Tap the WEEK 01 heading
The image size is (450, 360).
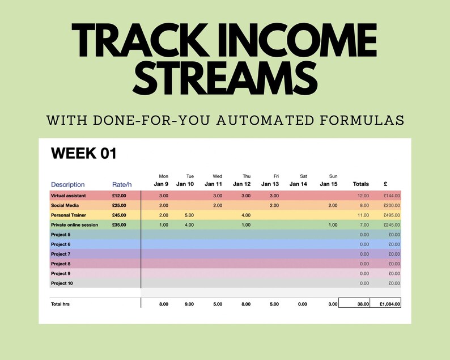pos(84,154)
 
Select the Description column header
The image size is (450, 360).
pos(68,184)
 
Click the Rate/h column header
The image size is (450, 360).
pos(123,184)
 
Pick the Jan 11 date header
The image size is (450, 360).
pos(214,184)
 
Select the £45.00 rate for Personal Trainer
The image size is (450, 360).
pos(119,215)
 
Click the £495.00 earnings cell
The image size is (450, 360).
pos(390,215)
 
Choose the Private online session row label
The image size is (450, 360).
pos(74,225)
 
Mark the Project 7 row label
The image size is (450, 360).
pos(61,254)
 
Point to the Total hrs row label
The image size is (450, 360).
pos(60,304)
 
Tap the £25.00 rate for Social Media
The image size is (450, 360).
pos(119,205)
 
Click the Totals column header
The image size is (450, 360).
pos(360,184)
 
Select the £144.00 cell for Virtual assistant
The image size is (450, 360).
pos(390,195)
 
